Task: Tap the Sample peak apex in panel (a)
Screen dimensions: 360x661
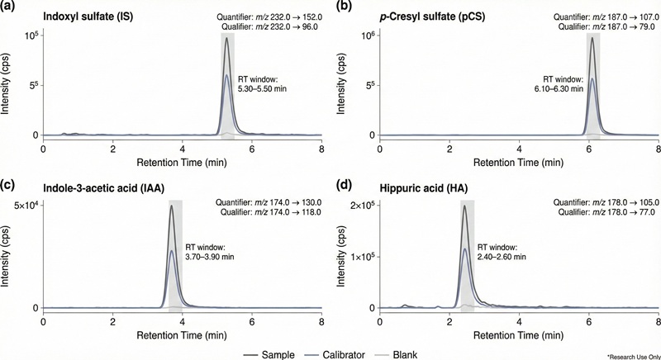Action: pos(226,38)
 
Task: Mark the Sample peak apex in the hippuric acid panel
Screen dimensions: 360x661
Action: pos(465,206)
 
